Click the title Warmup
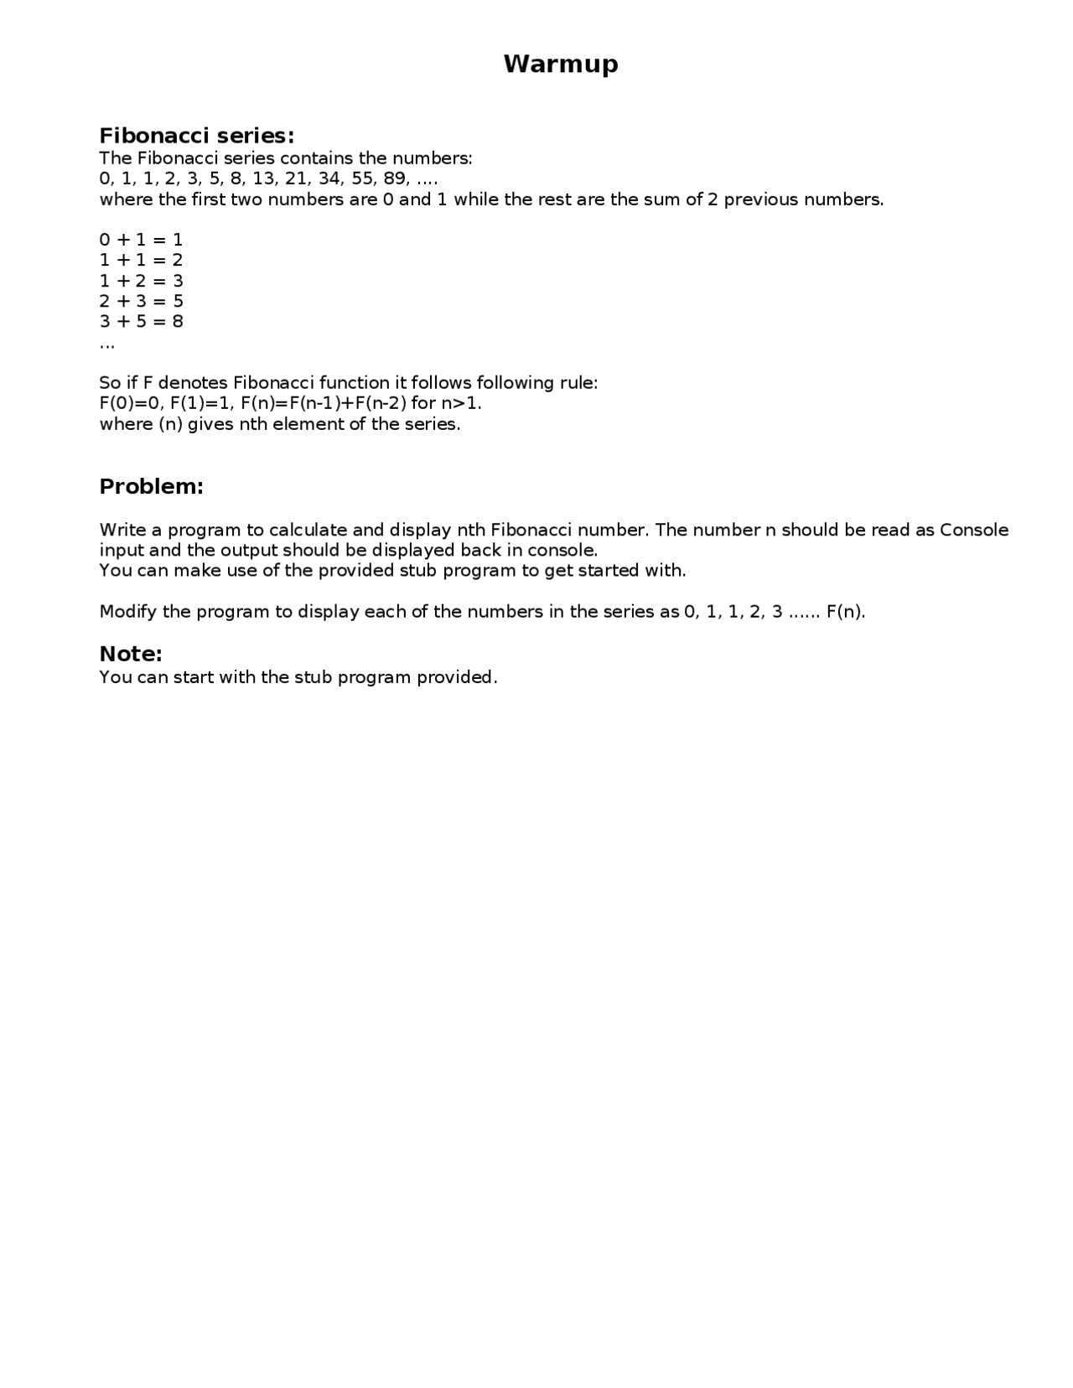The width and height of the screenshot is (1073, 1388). pyautogui.click(x=561, y=64)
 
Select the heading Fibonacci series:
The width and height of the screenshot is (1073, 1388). pyautogui.click(x=197, y=136)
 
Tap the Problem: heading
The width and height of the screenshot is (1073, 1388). pyautogui.click(x=152, y=486)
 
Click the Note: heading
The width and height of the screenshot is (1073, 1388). pyautogui.click(x=131, y=654)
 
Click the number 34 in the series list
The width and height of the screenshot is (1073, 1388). pyautogui.click(x=329, y=179)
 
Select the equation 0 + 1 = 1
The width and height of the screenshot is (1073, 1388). pyautogui.click(x=141, y=240)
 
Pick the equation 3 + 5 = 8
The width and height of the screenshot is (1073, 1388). pyautogui.click(x=141, y=321)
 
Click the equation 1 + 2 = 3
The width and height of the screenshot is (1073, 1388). pyautogui.click(x=141, y=281)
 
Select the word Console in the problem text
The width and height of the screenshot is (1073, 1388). pyautogui.click(x=974, y=530)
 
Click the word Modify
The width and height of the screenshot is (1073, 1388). pyautogui.click(x=128, y=611)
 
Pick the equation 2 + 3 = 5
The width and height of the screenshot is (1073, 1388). pyautogui.click(x=141, y=301)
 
